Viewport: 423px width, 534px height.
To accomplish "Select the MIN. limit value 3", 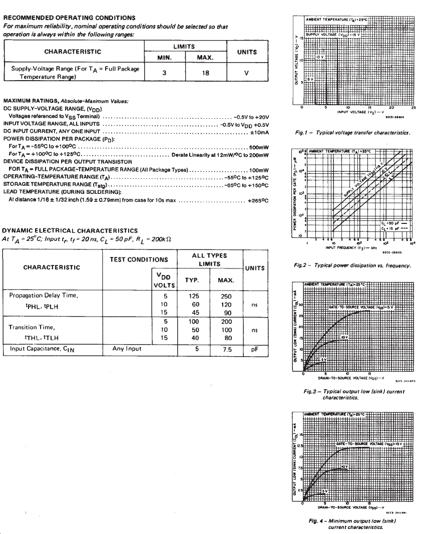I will tap(164, 72).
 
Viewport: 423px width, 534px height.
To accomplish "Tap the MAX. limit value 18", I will tap(205, 72).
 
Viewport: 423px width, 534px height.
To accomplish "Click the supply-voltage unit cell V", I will tap(246, 72).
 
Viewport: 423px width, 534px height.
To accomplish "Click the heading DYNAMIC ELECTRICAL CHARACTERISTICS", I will tap(70, 230).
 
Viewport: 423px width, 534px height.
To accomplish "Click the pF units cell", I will tap(254, 349).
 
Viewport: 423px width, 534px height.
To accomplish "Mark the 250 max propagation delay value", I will tap(226, 296).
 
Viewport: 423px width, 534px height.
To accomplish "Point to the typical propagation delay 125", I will tap(195, 296).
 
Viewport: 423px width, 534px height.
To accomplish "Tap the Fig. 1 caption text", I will tap(353, 133).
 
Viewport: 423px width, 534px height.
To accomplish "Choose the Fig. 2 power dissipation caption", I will tap(353, 265).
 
